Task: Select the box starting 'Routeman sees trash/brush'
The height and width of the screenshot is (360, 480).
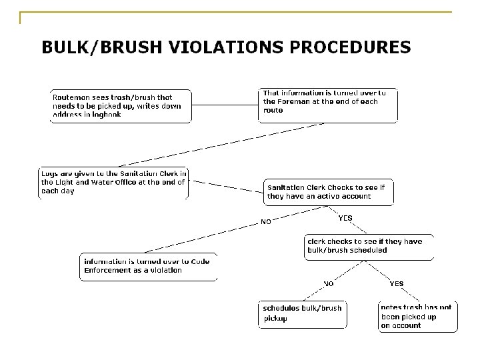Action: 121,106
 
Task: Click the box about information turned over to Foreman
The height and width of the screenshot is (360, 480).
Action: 328,105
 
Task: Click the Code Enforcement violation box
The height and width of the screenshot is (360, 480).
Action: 149,266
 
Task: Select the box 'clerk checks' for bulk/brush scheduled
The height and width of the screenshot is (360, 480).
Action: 369,246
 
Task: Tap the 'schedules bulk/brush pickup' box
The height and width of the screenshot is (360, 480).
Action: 303,314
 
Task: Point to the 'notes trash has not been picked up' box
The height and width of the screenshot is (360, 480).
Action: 417,316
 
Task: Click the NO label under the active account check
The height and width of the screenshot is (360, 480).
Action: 265,222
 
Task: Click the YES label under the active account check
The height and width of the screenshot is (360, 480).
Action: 345,218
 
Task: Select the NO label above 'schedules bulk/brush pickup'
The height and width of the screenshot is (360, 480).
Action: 329,283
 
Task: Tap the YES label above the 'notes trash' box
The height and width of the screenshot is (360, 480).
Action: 396,283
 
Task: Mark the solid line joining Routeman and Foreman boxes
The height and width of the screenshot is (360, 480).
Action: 225,105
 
